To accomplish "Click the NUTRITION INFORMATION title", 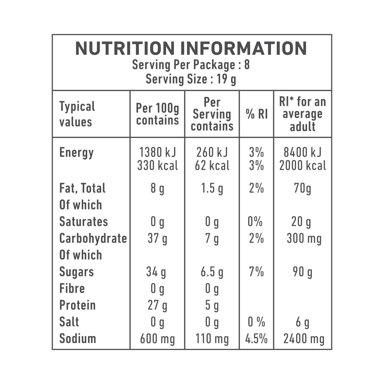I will (191, 49).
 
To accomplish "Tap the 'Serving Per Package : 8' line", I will (191, 65).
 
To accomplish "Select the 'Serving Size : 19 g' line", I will (191, 79).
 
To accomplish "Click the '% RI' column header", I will (257, 114).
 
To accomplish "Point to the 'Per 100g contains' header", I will (157, 114).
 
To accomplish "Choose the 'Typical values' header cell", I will (77, 114).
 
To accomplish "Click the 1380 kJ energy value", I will (157, 152).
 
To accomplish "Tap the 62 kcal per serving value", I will (212, 165).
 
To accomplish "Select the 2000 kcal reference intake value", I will (303, 165).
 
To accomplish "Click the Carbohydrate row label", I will (93, 238).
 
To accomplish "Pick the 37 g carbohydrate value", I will (157, 238).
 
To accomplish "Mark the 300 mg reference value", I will (304, 238).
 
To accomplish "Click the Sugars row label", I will (77, 272).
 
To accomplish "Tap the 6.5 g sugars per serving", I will (212, 272).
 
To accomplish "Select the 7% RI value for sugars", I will (256, 272).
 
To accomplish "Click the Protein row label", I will (77, 305).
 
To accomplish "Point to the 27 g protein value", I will (157, 305).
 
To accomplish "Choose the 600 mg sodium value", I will (157, 339).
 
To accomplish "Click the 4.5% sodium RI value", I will (256, 339).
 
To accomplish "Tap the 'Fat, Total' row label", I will (82, 188).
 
